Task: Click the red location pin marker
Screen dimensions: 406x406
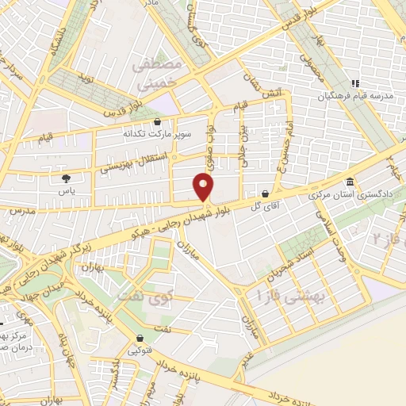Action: point(205,187)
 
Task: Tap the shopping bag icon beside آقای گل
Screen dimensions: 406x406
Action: point(264,193)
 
